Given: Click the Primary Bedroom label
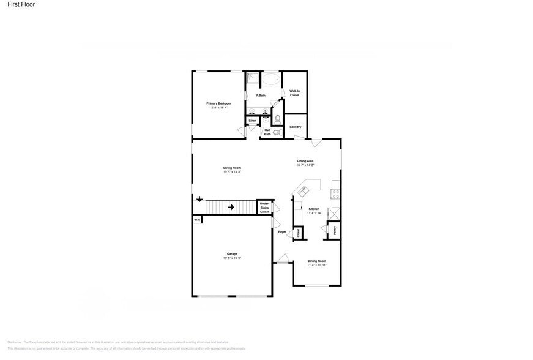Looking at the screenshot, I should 218,103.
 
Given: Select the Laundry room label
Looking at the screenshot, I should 295,127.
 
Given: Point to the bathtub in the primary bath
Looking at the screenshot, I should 270,80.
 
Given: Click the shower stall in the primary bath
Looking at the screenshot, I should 252,78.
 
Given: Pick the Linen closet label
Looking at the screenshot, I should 252,121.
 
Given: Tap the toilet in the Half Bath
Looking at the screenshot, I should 276,132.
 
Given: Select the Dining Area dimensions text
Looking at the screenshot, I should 305,165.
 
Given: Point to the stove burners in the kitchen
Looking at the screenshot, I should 335,194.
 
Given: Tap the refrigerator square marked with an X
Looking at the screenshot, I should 334,214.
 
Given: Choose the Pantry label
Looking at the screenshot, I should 334,231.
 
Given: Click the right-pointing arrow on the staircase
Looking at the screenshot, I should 231,207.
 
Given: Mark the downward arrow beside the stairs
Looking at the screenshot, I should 199,199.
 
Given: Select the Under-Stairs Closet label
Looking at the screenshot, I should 264,208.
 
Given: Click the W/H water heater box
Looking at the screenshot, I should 197,219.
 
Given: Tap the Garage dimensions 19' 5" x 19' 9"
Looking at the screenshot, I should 232,258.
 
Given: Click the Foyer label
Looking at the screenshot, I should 282,232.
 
